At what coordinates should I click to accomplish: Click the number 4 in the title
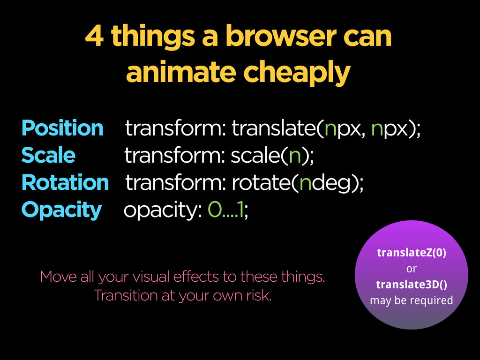click(x=94, y=36)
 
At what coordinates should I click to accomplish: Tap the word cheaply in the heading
click(x=297, y=73)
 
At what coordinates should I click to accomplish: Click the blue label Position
click(x=62, y=128)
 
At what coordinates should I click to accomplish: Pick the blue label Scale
click(x=48, y=155)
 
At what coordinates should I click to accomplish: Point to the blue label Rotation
click(x=65, y=182)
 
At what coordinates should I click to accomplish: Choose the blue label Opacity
click(x=61, y=210)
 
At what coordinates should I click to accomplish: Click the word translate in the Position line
click(x=273, y=127)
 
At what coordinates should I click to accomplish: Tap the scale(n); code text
click(x=272, y=155)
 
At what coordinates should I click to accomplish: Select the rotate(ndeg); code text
click(x=298, y=183)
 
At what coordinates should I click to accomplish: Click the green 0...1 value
click(x=225, y=210)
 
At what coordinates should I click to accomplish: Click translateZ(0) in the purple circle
click(x=412, y=253)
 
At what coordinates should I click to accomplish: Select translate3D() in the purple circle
click(x=412, y=285)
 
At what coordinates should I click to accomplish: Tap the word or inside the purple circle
click(x=412, y=269)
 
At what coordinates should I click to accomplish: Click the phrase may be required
click(x=412, y=300)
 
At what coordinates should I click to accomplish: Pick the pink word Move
click(x=58, y=277)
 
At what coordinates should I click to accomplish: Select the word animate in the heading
click(x=181, y=72)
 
